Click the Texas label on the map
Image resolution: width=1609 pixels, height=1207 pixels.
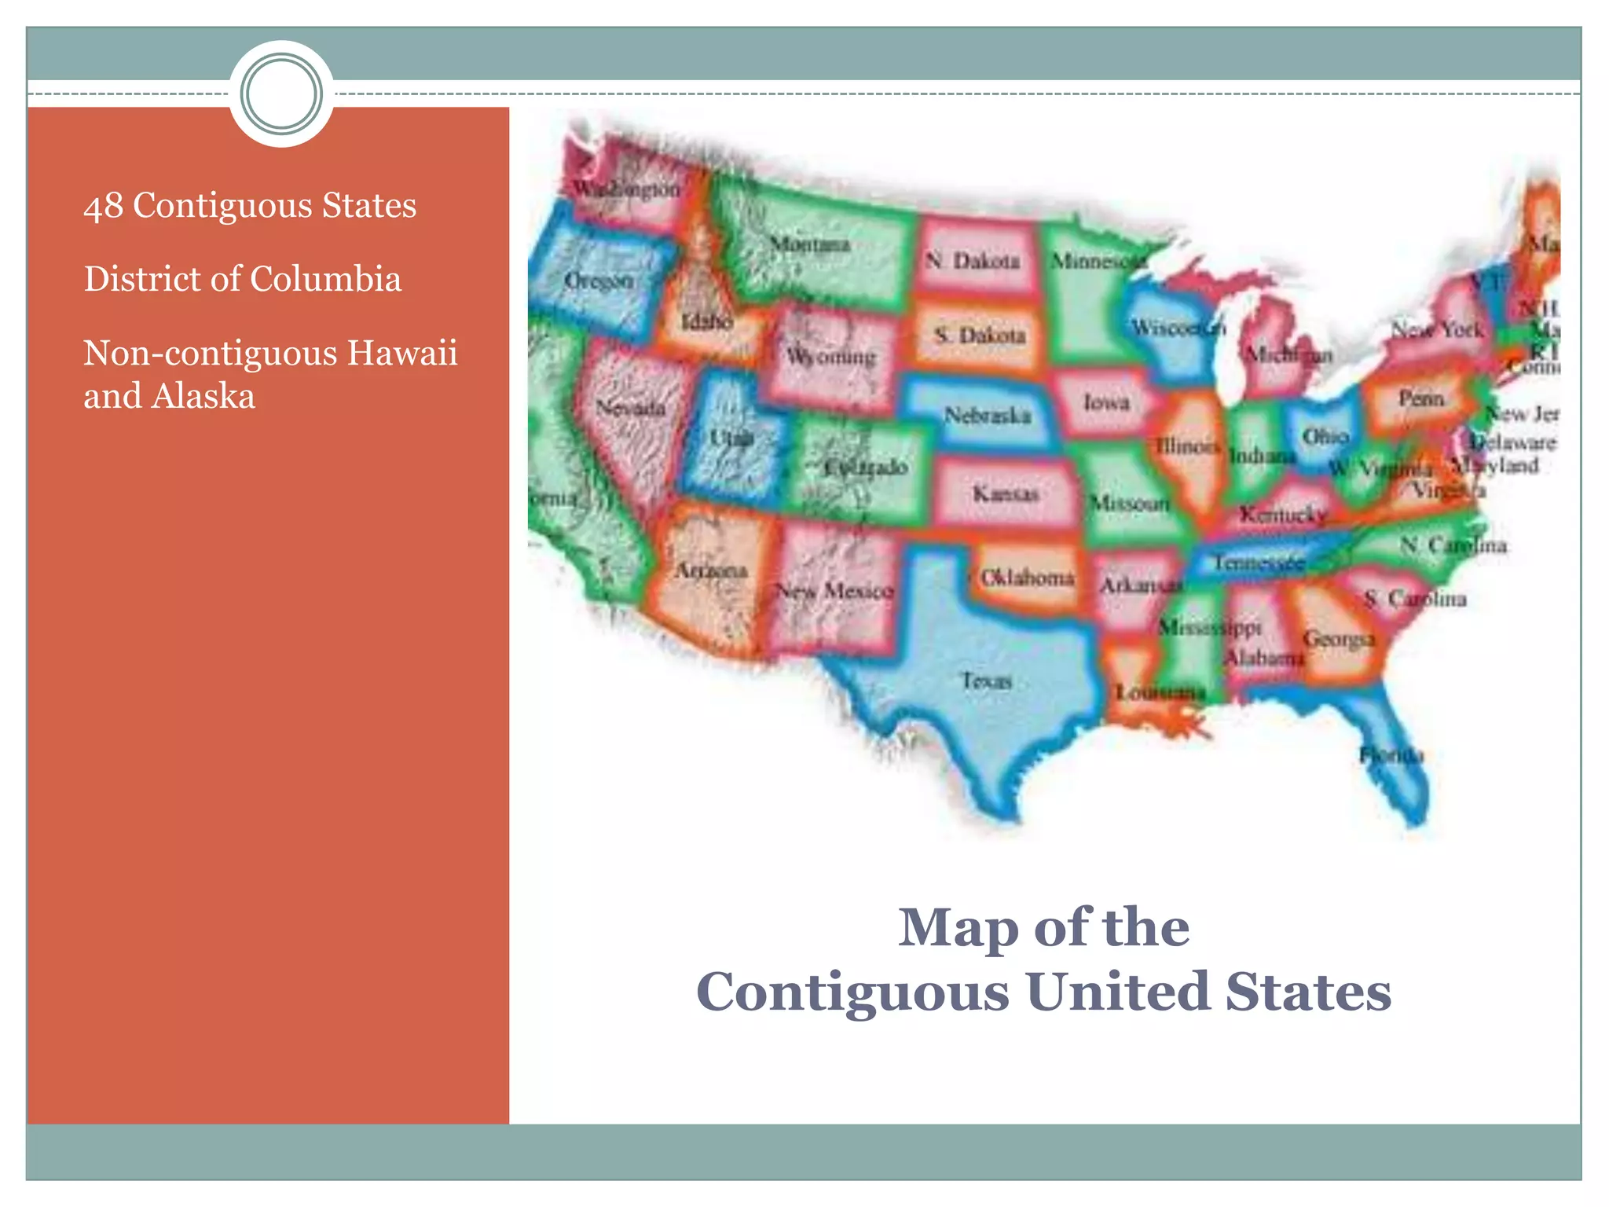click(x=987, y=680)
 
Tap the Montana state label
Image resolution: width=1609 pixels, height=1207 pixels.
click(x=809, y=244)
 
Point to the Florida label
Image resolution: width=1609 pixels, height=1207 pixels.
click(x=1391, y=755)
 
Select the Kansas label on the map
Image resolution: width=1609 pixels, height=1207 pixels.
click(x=1006, y=493)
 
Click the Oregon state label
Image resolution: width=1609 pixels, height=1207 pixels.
click(x=599, y=281)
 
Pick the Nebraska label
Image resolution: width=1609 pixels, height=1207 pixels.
click(x=987, y=415)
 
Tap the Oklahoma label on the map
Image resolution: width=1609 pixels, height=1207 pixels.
click(x=1027, y=578)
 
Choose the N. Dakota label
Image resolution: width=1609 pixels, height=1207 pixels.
click(x=973, y=261)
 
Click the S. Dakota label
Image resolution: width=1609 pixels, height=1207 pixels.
click(x=980, y=336)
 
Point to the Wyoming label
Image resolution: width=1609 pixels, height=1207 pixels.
click(x=830, y=358)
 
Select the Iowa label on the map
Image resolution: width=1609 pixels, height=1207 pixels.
click(x=1106, y=402)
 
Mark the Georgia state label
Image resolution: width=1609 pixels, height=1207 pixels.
click(x=1339, y=639)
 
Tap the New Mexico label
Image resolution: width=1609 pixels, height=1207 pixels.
click(x=834, y=590)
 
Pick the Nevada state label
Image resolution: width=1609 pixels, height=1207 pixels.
click(x=630, y=408)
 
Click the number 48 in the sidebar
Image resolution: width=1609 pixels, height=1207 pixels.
click(x=103, y=206)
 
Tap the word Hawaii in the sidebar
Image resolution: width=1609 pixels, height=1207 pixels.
click(x=402, y=353)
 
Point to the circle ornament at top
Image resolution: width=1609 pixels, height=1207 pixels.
click(x=281, y=94)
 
